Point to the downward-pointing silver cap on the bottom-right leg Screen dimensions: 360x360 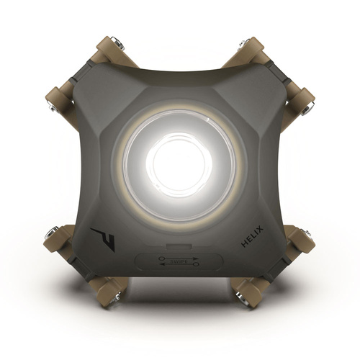coord(252,297)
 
